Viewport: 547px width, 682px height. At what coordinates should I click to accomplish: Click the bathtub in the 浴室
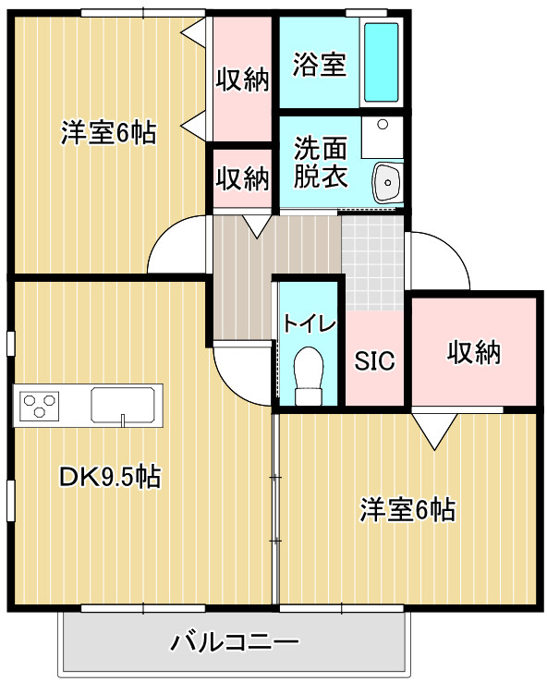[381, 62]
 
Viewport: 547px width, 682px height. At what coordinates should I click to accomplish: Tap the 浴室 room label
[320, 65]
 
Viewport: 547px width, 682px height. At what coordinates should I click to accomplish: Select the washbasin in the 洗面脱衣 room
[386, 183]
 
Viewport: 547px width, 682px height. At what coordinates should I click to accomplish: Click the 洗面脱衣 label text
[321, 163]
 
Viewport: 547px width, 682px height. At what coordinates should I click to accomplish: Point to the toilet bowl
[309, 375]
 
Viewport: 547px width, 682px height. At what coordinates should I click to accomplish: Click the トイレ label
[310, 323]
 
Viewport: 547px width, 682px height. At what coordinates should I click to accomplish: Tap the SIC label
[374, 360]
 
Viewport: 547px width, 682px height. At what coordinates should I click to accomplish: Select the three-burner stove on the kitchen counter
[40, 406]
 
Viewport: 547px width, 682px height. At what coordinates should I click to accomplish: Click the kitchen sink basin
[123, 405]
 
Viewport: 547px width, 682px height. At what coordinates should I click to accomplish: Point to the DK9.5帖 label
[110, 477]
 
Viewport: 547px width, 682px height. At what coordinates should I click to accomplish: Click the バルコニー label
[235, 642]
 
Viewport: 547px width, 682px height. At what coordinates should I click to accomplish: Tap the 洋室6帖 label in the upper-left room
[109, 133]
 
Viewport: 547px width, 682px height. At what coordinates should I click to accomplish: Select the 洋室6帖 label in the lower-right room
[407, 510]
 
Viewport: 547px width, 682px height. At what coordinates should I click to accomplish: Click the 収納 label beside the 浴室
[243, 79]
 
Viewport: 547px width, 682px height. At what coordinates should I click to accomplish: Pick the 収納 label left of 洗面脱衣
[243, 178]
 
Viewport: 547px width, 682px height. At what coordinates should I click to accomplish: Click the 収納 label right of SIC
[474, 352]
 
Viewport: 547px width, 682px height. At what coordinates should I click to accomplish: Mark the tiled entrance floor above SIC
[373, 262]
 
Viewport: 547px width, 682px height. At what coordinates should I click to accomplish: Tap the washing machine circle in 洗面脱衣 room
[383, 125]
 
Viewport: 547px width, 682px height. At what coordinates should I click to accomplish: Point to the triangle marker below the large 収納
[434, 429]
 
